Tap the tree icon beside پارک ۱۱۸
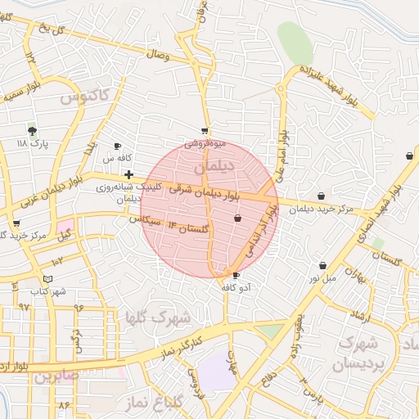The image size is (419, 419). pyautogui.click(x=32, y=130)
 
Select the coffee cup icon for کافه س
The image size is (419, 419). pyautogui.click(x=116, y=146)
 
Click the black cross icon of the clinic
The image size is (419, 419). pyautogui.click(x=128, y=173)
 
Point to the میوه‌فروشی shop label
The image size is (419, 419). pyautogui.click(x=204, y=142)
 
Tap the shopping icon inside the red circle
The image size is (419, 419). pyautogui.click(x=237, y=218)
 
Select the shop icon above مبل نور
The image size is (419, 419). pyautogui.click(x=324, y=265)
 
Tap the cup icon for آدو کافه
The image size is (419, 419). pyautogui.click(x=237, y=276)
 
